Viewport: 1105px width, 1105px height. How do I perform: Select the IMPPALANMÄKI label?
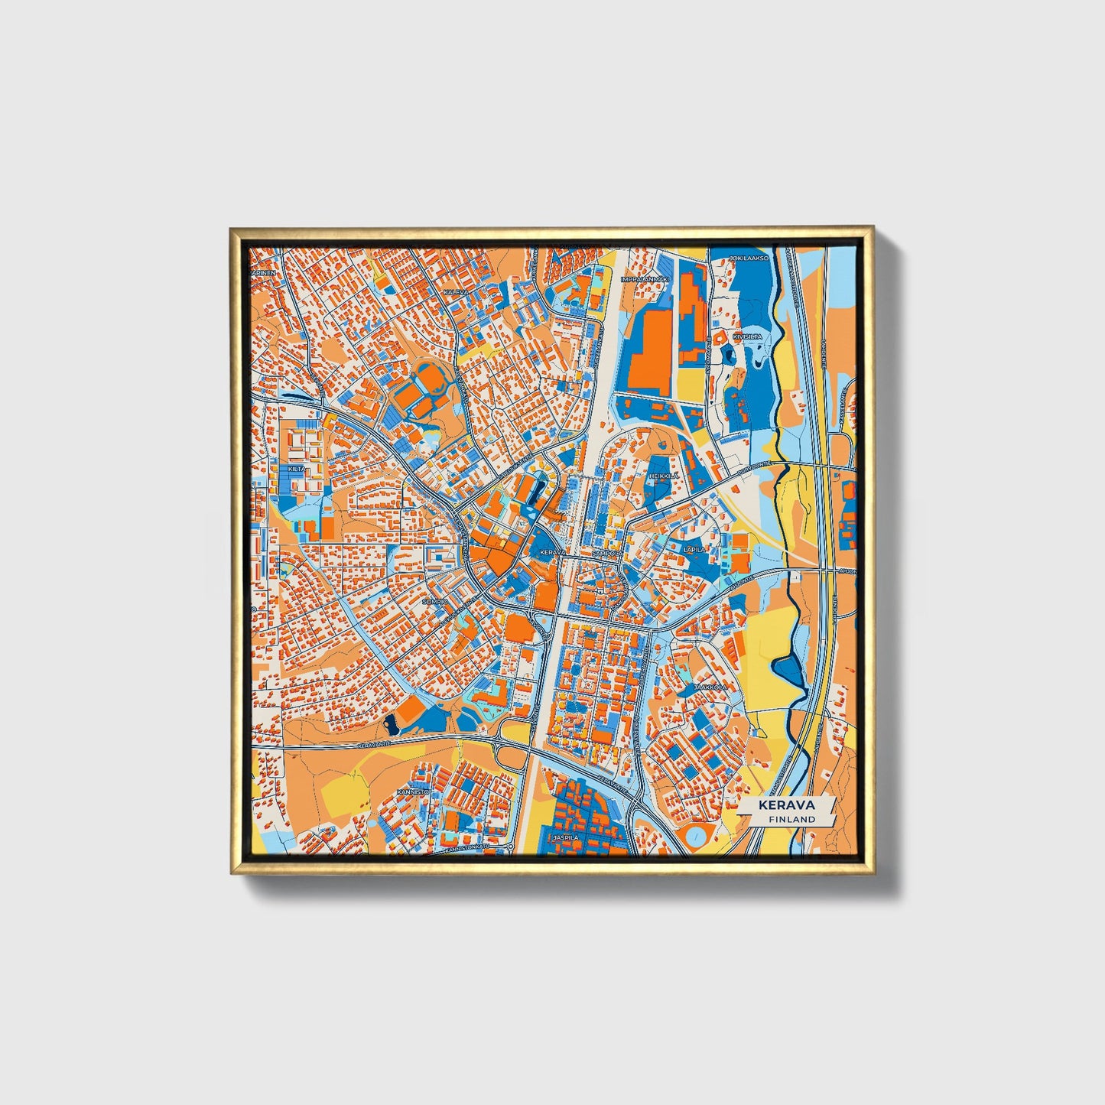pos(644,280)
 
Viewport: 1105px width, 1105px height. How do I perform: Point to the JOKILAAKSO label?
pos(749,258)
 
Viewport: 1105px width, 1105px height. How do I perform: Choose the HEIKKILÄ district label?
pos(663,476)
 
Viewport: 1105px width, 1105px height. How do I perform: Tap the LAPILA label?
pos(694,549)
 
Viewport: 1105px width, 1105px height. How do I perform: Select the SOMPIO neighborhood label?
pos(434,602)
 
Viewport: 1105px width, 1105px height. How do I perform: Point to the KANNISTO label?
pos(413,792)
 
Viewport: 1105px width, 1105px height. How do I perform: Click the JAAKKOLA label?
pos(710,687)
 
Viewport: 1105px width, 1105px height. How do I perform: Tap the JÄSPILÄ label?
pos(567,837)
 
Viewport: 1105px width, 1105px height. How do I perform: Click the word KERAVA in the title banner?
pos(786,805)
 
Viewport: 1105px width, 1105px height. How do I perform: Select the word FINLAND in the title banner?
pos(792,819)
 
